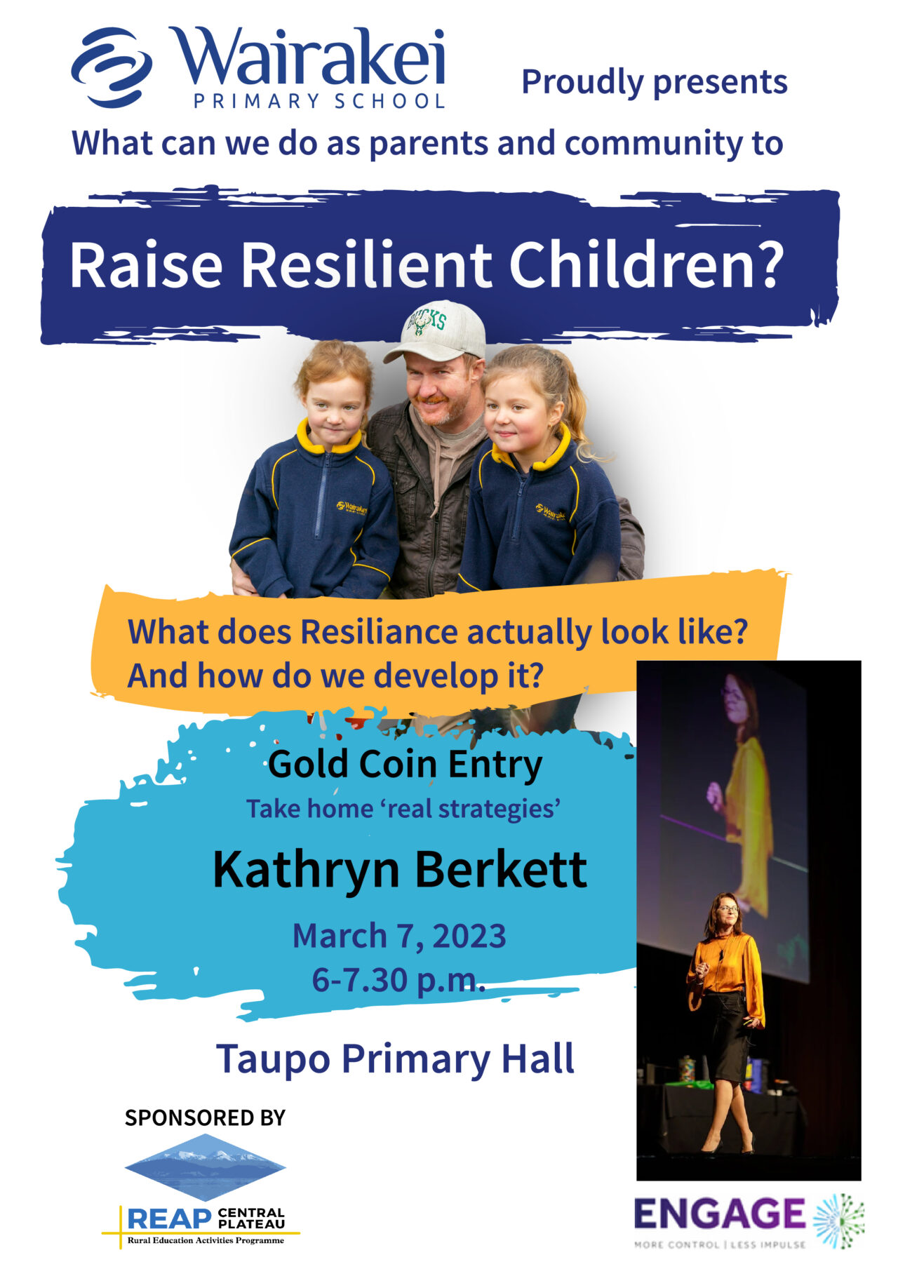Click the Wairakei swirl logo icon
(112, 67)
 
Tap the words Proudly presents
(655, 82)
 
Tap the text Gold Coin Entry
(405, 764)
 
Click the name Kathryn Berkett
(400, 869)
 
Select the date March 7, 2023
(399, 936)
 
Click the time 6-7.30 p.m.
(398, 979)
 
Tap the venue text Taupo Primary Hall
(395, 1059)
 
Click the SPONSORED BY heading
(205, 1117)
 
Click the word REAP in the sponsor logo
(170, 1218)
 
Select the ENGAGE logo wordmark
(720, 1214)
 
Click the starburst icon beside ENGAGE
(839, 1221)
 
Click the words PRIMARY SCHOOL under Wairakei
(319, 101)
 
